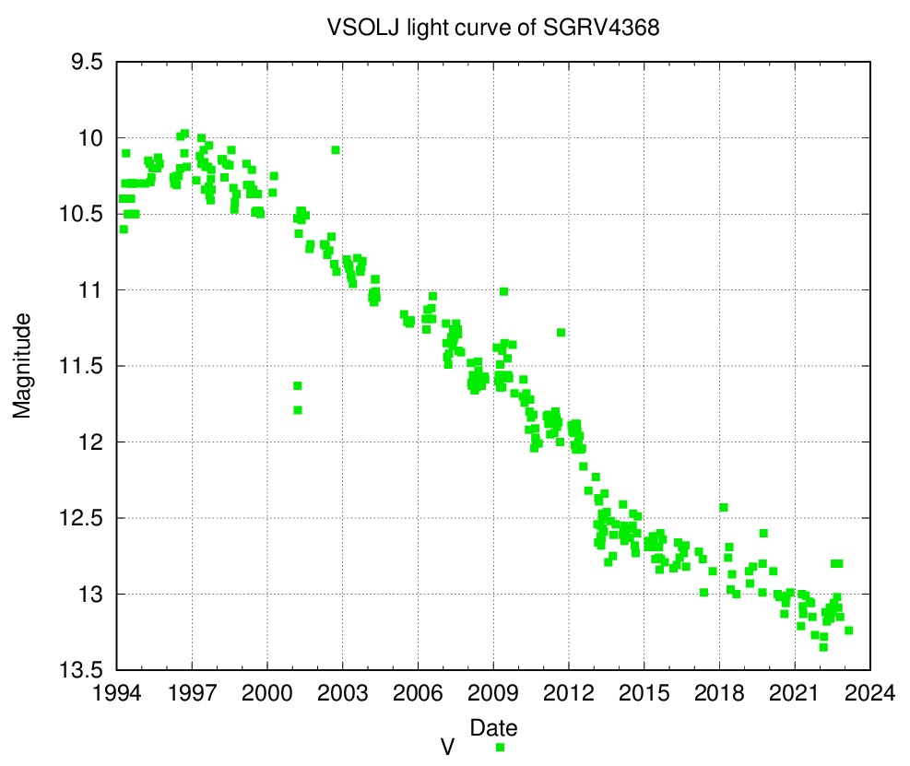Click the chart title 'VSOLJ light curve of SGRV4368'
tap(492, 28)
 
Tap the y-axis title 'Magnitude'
tap(21, 366)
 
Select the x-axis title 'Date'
tap(493, 727)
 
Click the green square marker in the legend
tap(500, 748)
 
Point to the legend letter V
tap(447, 748)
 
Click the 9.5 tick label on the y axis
tap(87, 62)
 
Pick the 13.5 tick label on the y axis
tap(81, 670)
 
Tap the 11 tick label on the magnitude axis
tap(90, 289)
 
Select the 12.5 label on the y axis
tap(81, 518)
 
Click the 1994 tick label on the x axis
tap(117, 693)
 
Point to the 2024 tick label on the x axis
tap(869, 693)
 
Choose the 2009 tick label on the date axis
tap(493, 693)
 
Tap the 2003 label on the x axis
tap(342, 693)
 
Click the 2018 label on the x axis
tap(719, 693)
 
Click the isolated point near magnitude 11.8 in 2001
tap(298, 410)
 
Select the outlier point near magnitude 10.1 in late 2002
tap(336, 149)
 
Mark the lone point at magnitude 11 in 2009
tap(503, 291)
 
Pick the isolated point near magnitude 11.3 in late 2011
tap(561, 333)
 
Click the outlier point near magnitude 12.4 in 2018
tap(724, 507)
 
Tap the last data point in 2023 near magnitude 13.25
tap(849, 630)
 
